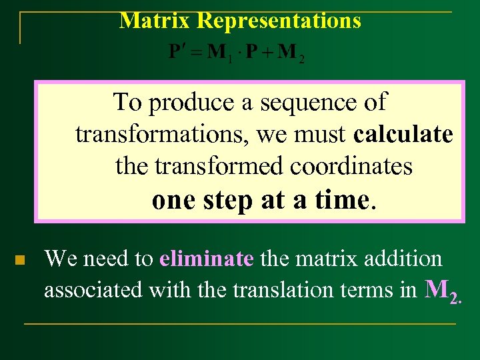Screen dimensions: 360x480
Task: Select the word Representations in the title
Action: click(x=279, y=21)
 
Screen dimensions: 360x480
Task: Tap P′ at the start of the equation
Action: click(x=177, y=53)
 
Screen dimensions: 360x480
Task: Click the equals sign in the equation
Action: click(x=197, y=53)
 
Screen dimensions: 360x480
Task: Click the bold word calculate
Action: click(x=403, y=135)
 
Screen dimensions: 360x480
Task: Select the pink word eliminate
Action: click(x=207, y=259)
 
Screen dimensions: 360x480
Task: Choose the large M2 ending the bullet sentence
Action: click(x=442, y=290)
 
